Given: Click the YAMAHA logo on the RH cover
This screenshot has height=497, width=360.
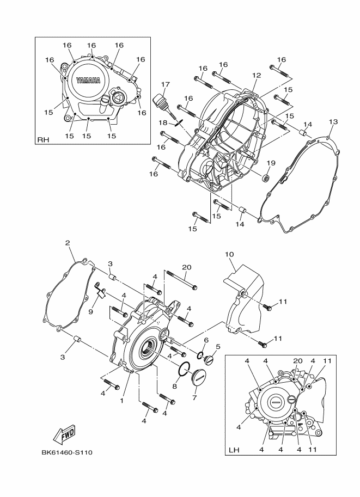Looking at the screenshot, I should (x=88, y=80).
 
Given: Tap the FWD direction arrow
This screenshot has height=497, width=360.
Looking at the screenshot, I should (x=64, y=434).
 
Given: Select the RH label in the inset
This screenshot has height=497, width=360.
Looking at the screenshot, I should (x=43, y=140).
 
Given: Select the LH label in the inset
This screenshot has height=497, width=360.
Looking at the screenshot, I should (x=234, y=450).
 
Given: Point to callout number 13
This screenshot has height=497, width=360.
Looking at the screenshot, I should (x=333, y=121).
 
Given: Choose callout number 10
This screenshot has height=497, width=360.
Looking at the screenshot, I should (x=229, y=254).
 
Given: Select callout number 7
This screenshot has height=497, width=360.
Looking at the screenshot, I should (x=194, y=398).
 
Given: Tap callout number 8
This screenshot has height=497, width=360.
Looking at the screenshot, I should (x=175, y=386).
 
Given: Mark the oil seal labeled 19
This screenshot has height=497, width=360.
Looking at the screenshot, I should (x=266, y=178).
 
